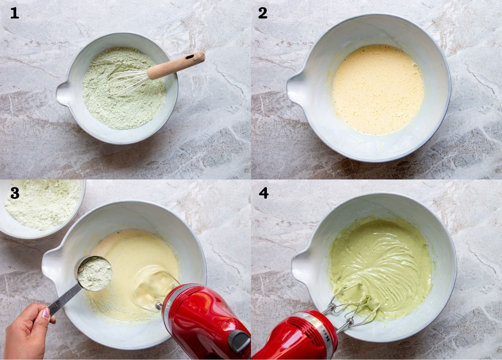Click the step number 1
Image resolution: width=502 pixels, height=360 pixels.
tap(15, 13)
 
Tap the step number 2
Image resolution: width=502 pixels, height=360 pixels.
tap(262, 13)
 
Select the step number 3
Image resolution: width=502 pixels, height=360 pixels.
tap(15, 193)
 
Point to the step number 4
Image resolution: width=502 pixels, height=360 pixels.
tap(263, 193)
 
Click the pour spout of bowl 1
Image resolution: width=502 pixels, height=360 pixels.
tap(64, 93)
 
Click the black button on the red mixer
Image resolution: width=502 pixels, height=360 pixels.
tap(239, 342)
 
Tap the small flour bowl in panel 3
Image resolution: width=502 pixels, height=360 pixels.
tap(42, 207)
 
